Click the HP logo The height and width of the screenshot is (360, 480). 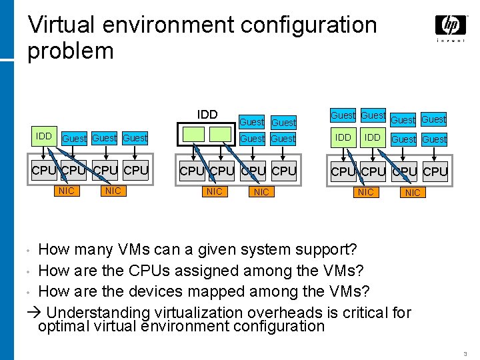[451, 26]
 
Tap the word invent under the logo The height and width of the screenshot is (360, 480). [451, 41]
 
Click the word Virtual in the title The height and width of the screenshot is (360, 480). [68, 25]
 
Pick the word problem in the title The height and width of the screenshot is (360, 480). [70, 51]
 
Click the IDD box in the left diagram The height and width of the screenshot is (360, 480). [44, 137]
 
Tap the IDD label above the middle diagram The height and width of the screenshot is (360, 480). [207, 115]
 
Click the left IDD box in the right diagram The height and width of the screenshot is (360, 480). [343, 137]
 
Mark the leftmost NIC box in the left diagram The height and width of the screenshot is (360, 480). [67, 191]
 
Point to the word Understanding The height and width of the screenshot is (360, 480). [99, 313]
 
